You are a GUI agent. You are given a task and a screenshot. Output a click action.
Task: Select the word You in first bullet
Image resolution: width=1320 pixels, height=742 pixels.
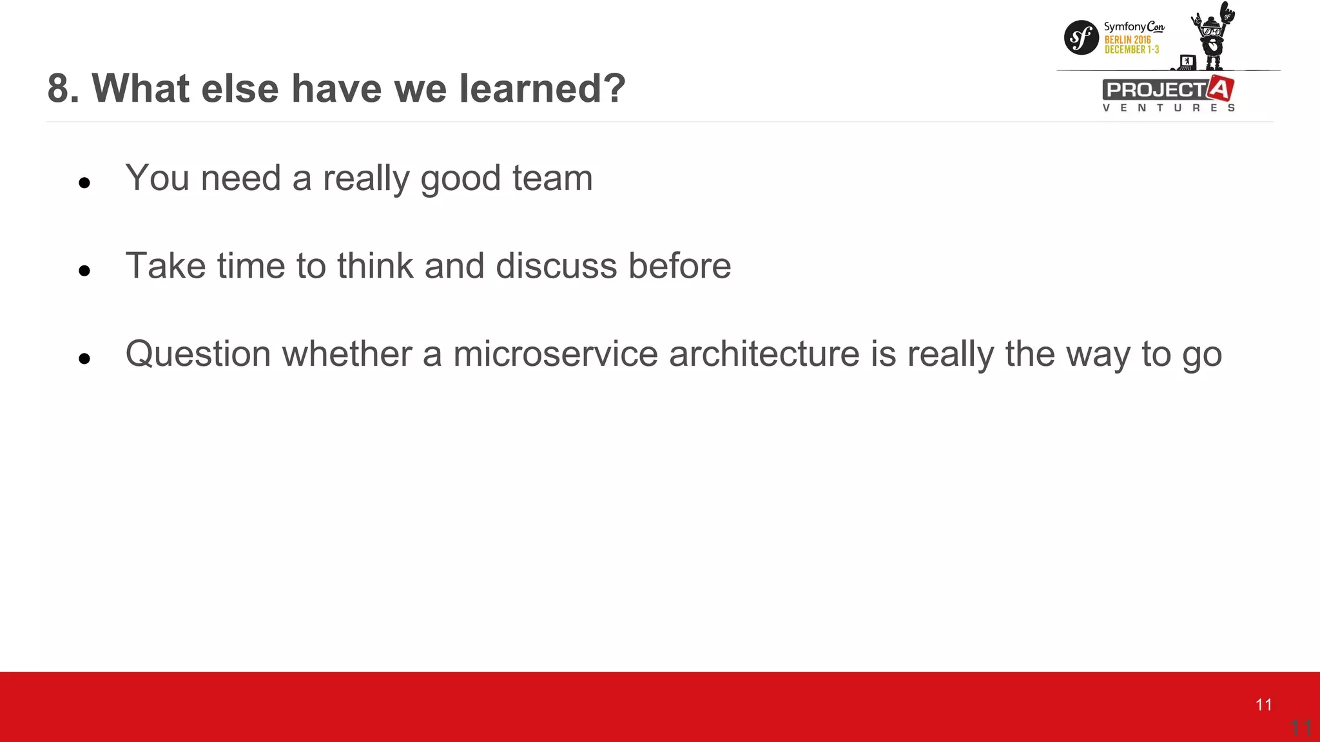pyautogui.click(x=157, y=178)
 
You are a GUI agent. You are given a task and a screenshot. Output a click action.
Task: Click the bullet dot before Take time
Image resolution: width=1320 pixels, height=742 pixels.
pyautogui.click(x=84, y=271)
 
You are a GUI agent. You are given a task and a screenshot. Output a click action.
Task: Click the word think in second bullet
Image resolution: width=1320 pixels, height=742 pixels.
pyautogui.click(x=374, y=266)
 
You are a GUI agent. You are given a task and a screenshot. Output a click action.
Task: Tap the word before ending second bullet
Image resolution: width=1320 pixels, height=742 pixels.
pyautogui.click(x=679, y=266)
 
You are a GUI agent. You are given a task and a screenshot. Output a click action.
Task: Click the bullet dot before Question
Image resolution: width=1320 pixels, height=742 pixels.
pyautogui.click(x=84, y=359)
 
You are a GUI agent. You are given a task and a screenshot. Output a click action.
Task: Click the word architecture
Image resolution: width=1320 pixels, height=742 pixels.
pyautogui.click(x=764, y=354)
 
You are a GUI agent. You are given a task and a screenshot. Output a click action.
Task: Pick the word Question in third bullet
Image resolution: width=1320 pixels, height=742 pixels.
pyautogui.click(x=198, y=354)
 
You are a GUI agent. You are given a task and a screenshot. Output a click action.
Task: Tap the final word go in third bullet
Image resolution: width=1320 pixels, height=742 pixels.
pyautogui.click(x=1202, y=356)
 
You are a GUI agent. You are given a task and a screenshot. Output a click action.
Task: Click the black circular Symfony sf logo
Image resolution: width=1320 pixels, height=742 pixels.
pyautogui.click(x=1081, y=37)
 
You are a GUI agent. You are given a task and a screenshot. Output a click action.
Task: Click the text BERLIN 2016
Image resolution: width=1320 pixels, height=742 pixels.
pyautogui.click(x=1127, y=40)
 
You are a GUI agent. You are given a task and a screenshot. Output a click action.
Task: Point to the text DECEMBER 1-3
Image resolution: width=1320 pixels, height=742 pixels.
pyautogui.click(x=1131, y=50)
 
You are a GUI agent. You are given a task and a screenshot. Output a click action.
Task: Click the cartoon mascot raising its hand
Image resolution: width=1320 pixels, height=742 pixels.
pyautogui.click(x=1213, y=35)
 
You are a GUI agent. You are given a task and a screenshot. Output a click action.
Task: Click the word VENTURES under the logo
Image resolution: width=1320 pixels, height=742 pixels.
pyautogui.click(x=1168, y=108)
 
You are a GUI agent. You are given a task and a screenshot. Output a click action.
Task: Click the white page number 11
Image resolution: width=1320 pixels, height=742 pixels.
pyautogui.click(x=1263, y=705)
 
